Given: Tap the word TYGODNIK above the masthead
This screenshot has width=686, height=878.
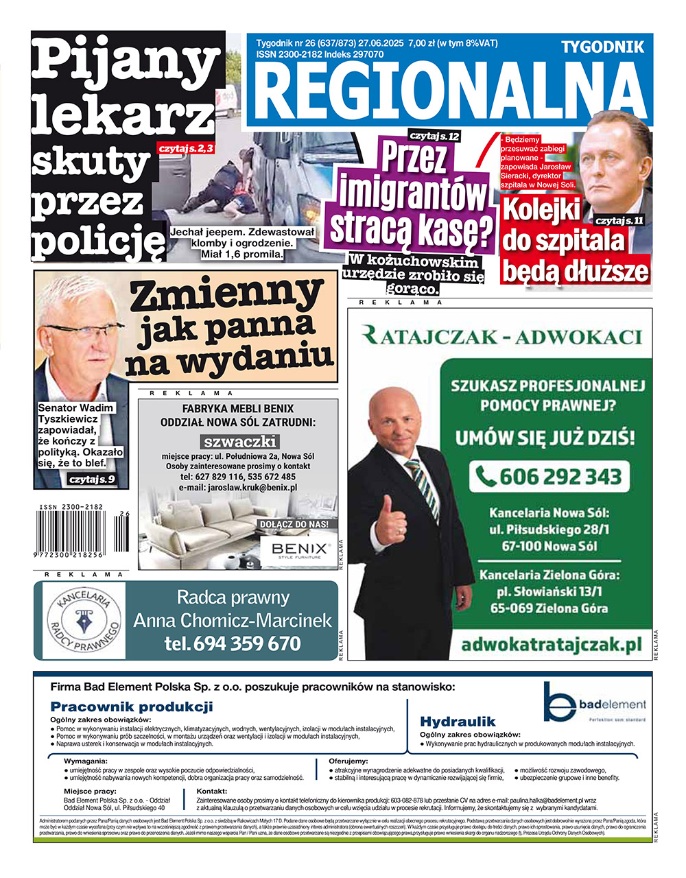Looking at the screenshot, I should (x=602, y=47).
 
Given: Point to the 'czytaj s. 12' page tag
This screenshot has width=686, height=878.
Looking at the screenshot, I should (x=435, y=136).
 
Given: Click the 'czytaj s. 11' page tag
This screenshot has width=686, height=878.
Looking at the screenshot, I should (x=619, y=220).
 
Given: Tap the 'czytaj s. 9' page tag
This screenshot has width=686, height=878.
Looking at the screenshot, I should (x=92, y=479).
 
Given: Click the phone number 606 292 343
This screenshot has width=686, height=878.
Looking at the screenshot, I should (x=547, y=476).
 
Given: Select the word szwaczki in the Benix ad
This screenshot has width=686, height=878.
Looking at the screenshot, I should (x=239, y=441).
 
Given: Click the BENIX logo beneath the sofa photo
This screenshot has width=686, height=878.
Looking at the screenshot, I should (x=300, y=549).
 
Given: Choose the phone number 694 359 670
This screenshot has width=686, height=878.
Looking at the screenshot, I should (x=233, y=643).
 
